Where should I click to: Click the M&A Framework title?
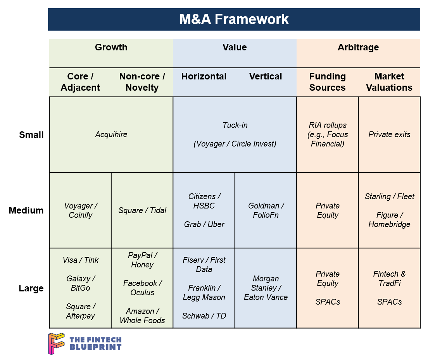234,19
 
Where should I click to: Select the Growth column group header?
111,47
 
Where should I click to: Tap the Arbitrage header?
358,47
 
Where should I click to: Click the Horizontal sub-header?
204,76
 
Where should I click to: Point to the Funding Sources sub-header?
327,82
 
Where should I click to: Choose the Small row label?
31,135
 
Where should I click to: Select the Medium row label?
26,210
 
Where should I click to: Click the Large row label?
31,288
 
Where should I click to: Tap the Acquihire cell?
111,135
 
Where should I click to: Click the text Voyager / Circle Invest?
235,144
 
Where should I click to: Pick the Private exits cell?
389,135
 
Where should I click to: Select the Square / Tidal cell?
142,210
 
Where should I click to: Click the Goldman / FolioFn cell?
266,210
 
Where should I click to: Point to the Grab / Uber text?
204,224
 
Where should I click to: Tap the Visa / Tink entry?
80,260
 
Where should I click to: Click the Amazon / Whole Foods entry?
142,316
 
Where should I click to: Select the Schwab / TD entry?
204,316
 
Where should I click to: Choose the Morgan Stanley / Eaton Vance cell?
266,288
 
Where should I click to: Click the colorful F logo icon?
57,343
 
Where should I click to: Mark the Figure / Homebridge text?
389,220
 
